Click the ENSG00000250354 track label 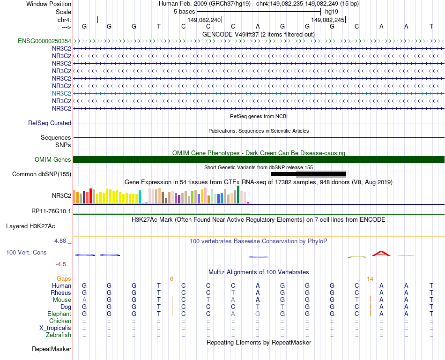(44, 41)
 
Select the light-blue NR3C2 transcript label (61, 93)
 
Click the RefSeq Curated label (50, 123)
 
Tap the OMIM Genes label (53, 160)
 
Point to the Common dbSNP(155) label (42, 174)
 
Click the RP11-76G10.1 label (51, 211)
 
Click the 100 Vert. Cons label (26, 253)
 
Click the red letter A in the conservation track (381, 254)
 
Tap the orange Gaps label (64, 279)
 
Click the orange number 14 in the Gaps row (370, 279)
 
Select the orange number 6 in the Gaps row (171, 279)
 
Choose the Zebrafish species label (59, 335)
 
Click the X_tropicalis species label (55, 328)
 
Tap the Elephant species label (59, 314)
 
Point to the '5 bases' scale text (184, 11)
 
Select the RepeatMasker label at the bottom (52, 349)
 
